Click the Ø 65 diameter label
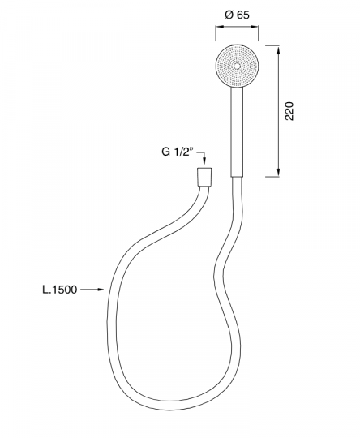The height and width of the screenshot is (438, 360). point(237,15)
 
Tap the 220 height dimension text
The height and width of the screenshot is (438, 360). point(289,111)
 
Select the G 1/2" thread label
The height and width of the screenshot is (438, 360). point(178,152)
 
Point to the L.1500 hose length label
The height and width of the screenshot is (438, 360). point(59,290)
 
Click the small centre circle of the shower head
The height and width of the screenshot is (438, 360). point(237,67)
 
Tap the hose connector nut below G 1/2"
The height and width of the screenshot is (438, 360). point(204,177)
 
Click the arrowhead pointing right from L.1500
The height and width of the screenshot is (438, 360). point(101,290)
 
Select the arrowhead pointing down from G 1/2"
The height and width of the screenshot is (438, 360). point(204,161)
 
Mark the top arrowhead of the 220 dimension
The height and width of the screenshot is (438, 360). point(278,50)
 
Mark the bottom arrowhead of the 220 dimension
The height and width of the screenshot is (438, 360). point(278,172)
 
